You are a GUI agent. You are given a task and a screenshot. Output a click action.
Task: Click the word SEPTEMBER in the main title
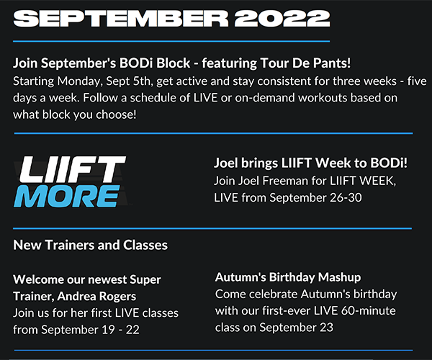pyautogui.click(x=121, y=19)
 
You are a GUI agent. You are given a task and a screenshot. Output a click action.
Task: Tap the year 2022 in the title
pyautogui.click(x=282, y=19)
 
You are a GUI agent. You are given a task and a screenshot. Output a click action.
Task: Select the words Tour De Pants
pyautogui.click(x=304, y=63)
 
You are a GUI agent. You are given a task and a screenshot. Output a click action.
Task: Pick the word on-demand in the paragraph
pyautogui.click(x=265, y=98)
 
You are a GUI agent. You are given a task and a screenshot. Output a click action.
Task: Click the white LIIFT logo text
pyautogui.click(x=72, y=169)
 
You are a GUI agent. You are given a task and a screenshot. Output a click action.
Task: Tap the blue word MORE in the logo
pyautogui.click(x=67, y=196)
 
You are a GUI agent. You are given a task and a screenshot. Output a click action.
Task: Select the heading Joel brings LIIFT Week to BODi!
pyautogui.click(x=310, y=163)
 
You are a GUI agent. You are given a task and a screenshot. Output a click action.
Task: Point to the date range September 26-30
pyautogui.click(x=315, y=198)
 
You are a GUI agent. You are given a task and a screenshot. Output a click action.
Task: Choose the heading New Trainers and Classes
pyautogui.click(x=91, y=245)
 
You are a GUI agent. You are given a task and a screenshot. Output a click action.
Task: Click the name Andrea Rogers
pyautogui.click(x=96, y=297)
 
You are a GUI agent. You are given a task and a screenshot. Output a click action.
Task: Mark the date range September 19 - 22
pyautogui.click(x=91, y=330)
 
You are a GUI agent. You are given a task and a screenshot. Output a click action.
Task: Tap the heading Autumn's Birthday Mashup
pyautogui.click(x=288, y=277)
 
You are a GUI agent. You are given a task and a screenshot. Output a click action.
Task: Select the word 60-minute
pyautogui.click(x=369, y=311)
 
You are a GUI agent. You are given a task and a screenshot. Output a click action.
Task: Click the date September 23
pyautogui.click(x=296, y=328)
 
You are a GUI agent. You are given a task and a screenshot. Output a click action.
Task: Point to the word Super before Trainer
pyautogui.click(x=145, y=280)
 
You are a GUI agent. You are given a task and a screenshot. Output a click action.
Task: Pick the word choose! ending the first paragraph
pyautogui.click(x=116, y=114)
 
